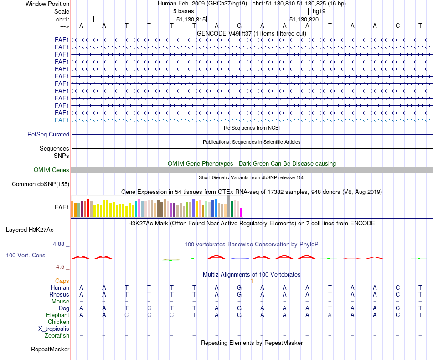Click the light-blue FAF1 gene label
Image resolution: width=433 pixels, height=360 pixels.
(62, 120)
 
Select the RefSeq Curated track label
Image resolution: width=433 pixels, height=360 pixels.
(48, 135)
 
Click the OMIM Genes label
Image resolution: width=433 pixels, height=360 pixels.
(52, 170)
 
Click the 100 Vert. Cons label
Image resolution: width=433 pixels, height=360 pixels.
(26, 256)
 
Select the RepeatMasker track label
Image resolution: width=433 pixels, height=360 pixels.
(50, 350)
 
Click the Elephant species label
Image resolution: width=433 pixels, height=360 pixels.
(57, 315)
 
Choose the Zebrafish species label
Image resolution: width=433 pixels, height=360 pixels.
(57, 336)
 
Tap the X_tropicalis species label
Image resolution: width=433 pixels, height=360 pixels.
(54, 329)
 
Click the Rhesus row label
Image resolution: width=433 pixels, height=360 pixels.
(59, 295)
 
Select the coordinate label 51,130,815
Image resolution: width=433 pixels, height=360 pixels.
(191, 20)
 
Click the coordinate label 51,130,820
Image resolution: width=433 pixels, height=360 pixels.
(304, 20)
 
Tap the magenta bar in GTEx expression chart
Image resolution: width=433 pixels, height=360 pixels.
(242, 213)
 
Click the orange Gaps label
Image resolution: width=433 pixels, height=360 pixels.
(62, 281)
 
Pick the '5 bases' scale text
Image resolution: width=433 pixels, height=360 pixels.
(183, 10)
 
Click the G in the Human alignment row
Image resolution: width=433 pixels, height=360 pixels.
(239, 288)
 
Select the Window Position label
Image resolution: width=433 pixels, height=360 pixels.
(47, 4)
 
